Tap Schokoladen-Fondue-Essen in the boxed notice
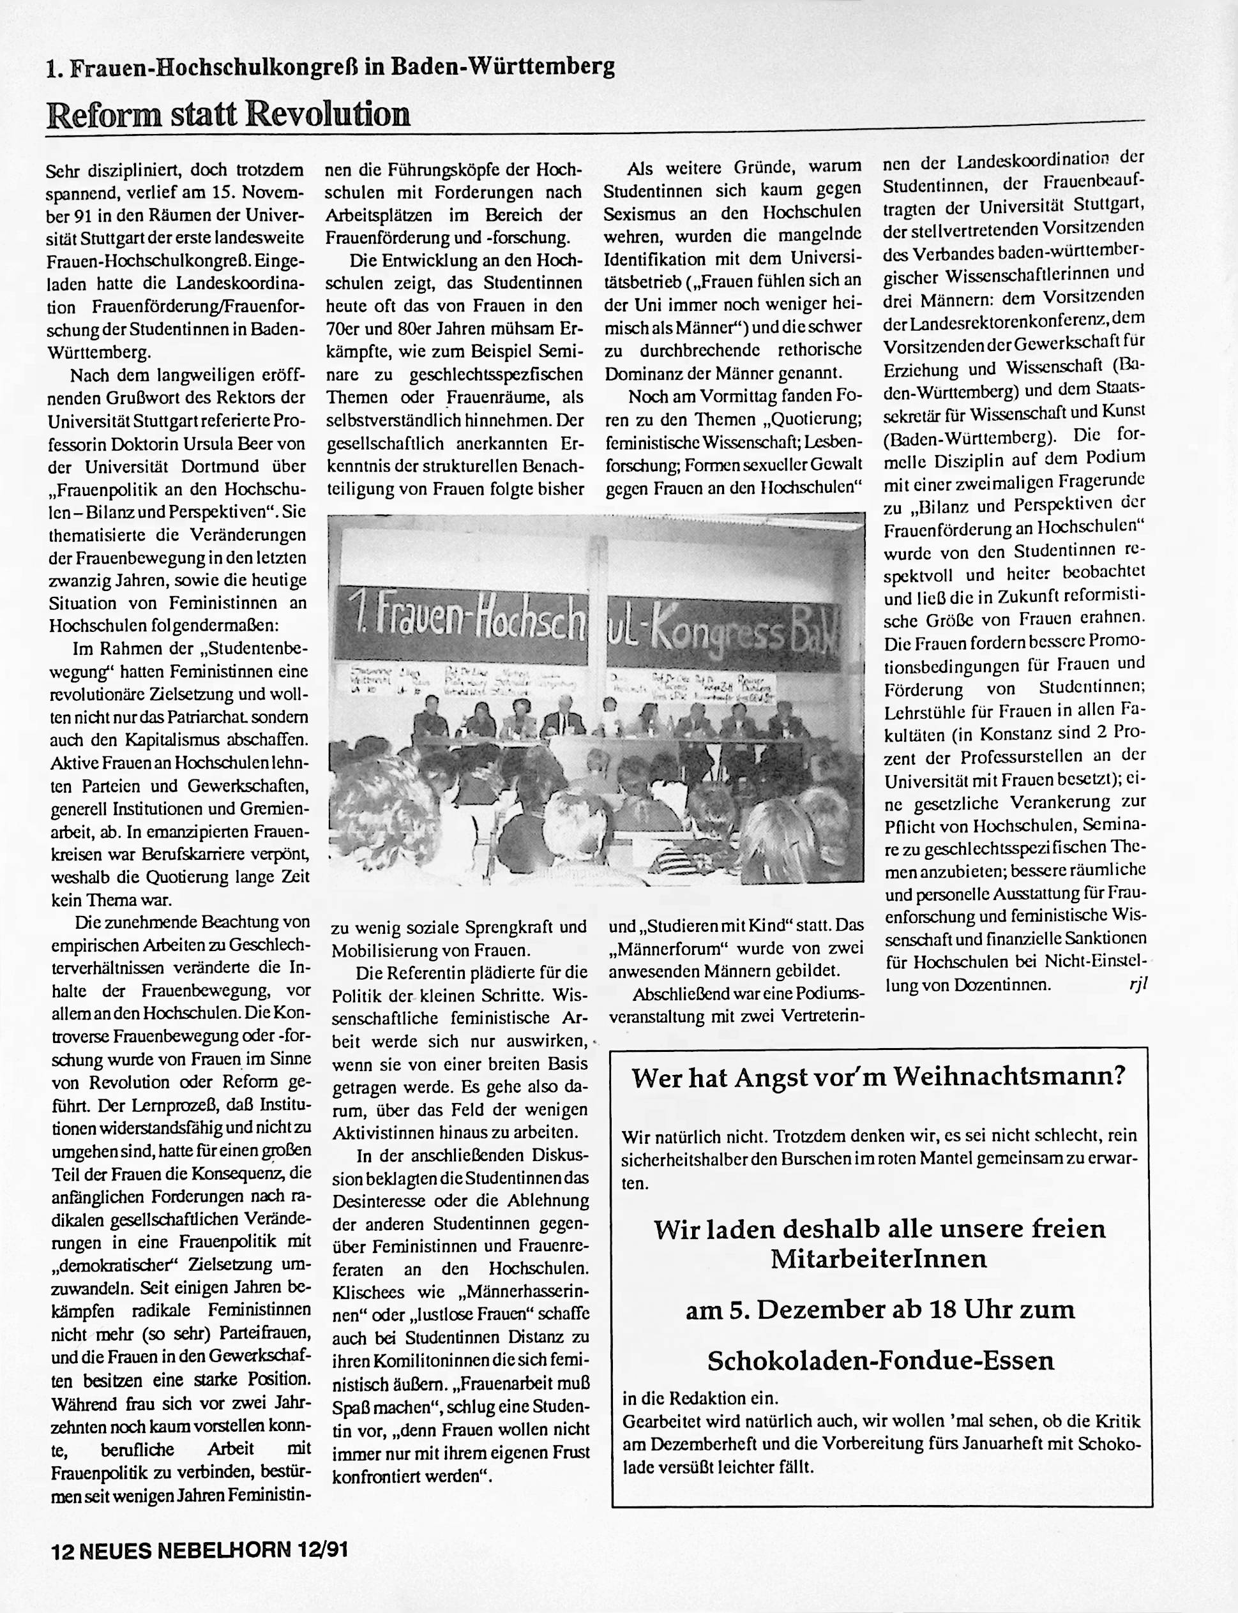point(881,1360)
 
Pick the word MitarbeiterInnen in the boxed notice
point(879,1258)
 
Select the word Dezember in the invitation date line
point(846,1310)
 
